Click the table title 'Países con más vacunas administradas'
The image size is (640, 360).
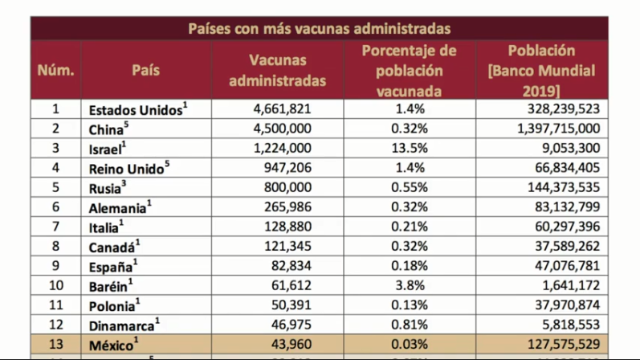319,29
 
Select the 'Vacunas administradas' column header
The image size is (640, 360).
277,71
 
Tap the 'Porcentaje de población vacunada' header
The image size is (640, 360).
410,71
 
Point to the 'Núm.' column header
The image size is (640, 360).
56,71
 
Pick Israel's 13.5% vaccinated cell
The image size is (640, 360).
411,148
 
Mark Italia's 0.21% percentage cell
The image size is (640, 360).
411,225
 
